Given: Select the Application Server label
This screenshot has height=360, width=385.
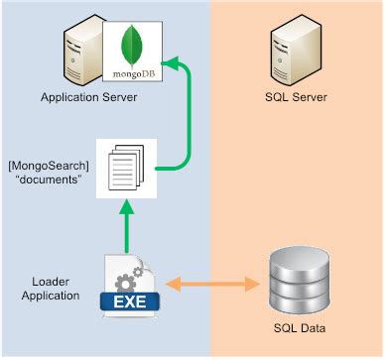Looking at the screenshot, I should pos(89,98).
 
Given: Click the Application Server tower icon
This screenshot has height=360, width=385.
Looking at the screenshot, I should pos(80,55).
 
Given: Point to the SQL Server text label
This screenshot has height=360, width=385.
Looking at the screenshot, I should pos(297,98).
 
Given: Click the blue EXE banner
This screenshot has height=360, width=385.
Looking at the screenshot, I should pos(124,300).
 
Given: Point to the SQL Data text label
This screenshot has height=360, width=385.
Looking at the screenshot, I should pos(297,328).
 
